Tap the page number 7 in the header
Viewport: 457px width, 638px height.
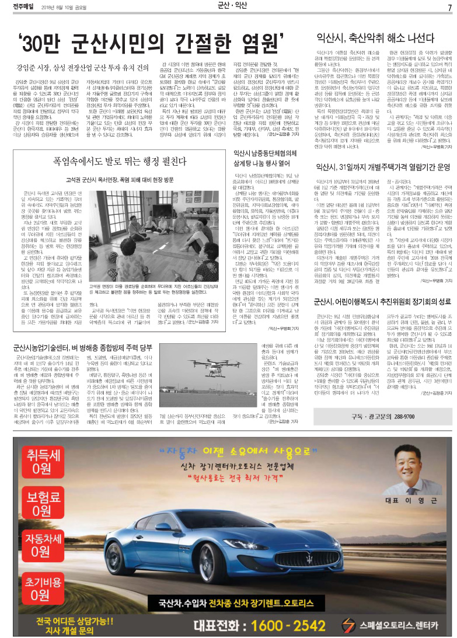coord(449,7)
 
